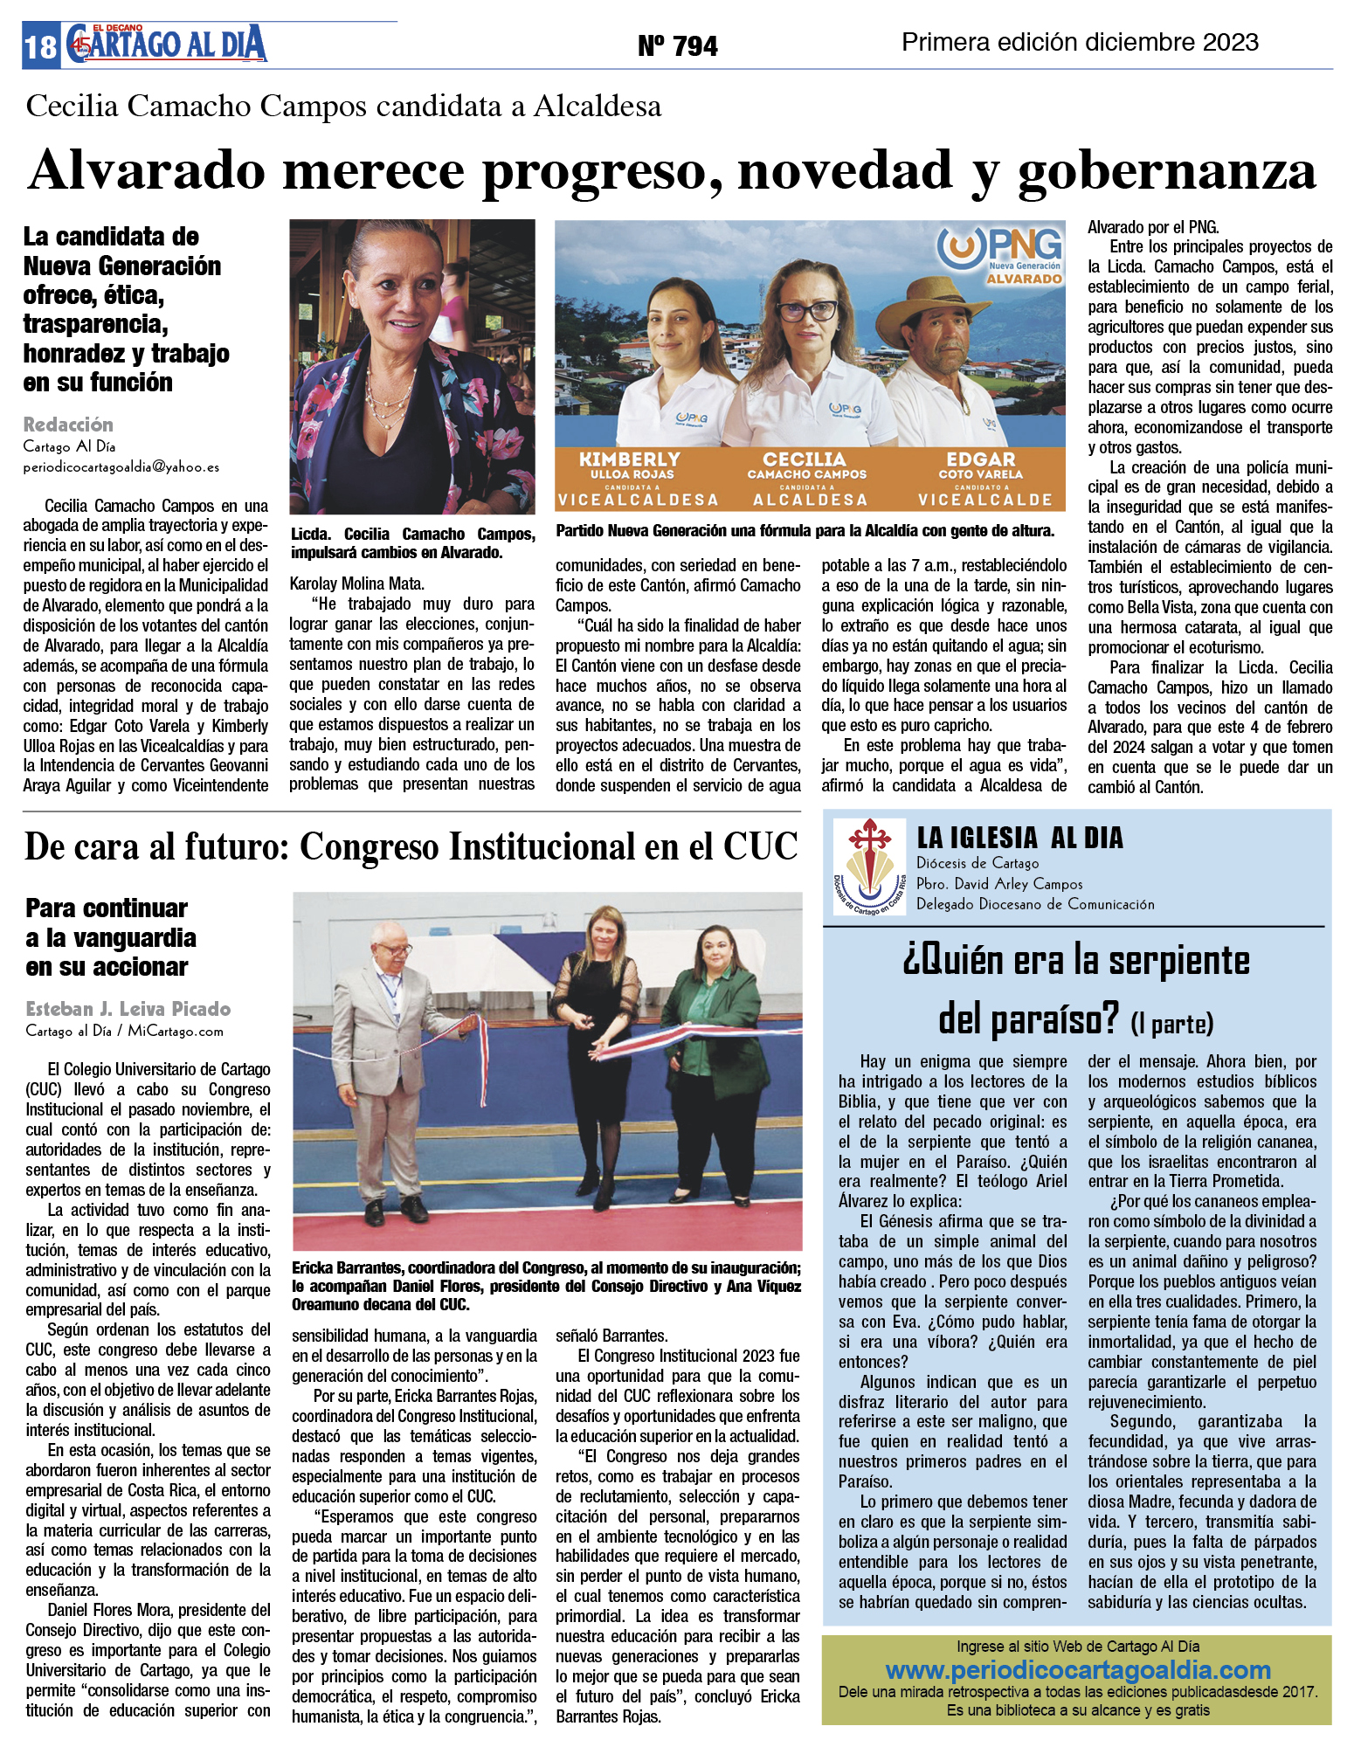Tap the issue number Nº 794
677,45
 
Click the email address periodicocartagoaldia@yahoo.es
121,467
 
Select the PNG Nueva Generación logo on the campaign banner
1001,254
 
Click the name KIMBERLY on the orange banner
629,459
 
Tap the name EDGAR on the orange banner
980,459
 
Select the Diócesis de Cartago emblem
868,866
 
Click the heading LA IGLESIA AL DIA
1019,838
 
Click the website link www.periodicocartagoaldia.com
1077,1670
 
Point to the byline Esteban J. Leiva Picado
128,1009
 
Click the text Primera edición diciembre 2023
1080,42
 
